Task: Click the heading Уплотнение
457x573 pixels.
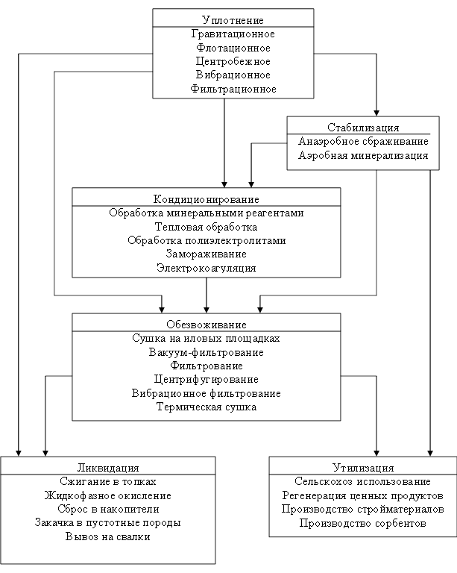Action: coord(233,20)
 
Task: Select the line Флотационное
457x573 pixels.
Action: coord(233,48)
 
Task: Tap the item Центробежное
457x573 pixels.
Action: coord(233,61)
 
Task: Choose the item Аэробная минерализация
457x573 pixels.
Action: coord(363,155)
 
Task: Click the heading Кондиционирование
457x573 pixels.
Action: coord(206,199)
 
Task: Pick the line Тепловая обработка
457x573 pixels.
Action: coord(206,227)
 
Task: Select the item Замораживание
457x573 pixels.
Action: coord(206,254)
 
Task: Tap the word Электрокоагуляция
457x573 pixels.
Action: coord(206,268)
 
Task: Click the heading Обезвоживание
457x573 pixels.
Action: coord(206,325)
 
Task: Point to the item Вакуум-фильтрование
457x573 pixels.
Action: coord(206,352)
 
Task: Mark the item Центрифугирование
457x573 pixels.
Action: coord(206,379)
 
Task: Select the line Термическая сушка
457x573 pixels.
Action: coord(206,407)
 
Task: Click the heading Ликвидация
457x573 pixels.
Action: coord(108,468)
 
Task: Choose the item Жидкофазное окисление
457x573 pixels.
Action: coord(108,495)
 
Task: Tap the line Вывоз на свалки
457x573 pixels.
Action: coord(108,536)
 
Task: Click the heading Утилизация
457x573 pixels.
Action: coord(363,468)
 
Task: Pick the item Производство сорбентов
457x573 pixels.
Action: coord(363,523)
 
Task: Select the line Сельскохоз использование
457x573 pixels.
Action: coord(363,482)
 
